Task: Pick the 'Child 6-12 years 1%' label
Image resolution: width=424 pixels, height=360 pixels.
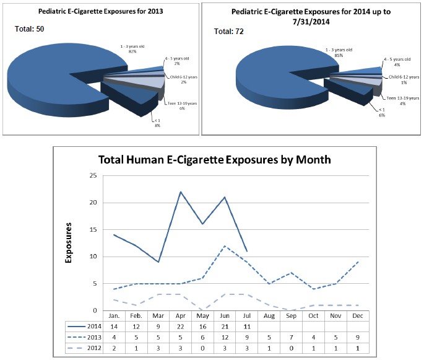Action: pyautogui.click(x=404, y=79)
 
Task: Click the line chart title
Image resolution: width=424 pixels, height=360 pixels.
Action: pyautogui.click(x=215, y=160)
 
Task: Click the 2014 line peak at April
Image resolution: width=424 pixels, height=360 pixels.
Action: pyautogui.click(x=180, y=192)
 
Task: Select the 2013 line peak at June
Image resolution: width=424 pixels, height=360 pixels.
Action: pyautogui.click(x=225, y=246)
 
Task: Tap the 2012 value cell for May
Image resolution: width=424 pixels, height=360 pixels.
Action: pyautogui.click(x=202, y=349)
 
